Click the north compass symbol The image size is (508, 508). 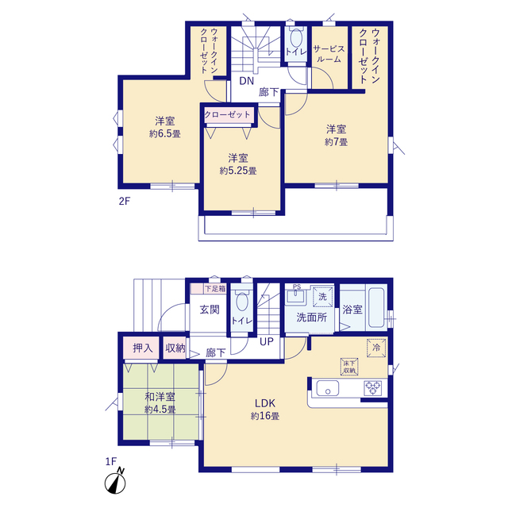[115, 482]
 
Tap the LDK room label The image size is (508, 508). [265, 403]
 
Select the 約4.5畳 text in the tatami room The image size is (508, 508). [160, 410]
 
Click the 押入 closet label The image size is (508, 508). [143, 348]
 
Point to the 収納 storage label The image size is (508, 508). [175, 348]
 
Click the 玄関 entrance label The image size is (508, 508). [210, 310]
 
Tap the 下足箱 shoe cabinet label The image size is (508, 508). [215, 288]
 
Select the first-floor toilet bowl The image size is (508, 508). [242, 302]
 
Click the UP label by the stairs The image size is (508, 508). [267, 341]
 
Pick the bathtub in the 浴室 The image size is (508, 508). [376, 307]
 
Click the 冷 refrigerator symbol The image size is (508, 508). [376, 348]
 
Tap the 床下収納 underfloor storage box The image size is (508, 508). [349, 367]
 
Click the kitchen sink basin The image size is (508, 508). [328, 388]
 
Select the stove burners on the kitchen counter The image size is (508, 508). [372, 388]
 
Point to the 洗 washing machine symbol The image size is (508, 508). [323, 296]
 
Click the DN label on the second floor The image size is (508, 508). [246, 81]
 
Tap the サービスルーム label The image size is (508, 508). [329, 54]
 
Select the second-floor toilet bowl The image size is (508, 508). [296, 38]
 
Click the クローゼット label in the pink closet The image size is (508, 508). [228, 114]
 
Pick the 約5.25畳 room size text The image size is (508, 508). [238, 171]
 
